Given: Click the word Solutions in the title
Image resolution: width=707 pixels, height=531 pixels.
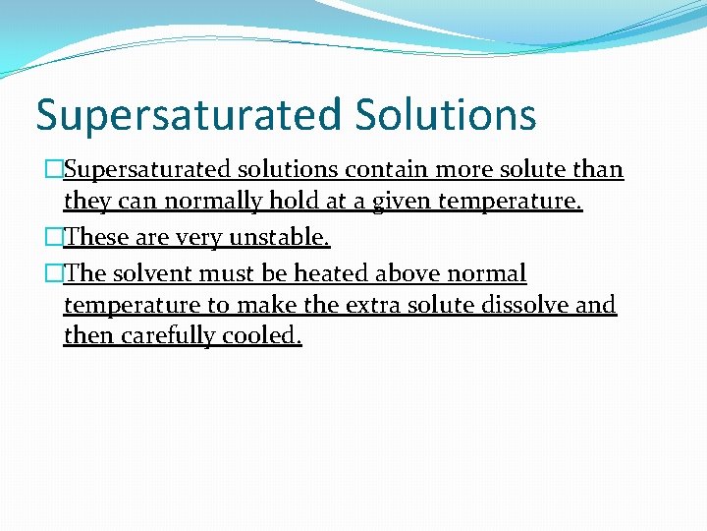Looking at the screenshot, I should pyautogui.click(x=446, y=114).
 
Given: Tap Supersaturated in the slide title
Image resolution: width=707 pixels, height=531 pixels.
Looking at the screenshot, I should pyautogui.click(x=190, y=114).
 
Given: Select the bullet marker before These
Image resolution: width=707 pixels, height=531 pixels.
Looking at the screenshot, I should pyautogui.click(x=54, y=237).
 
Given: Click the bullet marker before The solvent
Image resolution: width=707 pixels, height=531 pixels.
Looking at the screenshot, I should pyautogui.click(x=54, y=272).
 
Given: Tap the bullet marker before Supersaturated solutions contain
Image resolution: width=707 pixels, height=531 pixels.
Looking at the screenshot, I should pyautogui.click(x=54, y=170).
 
